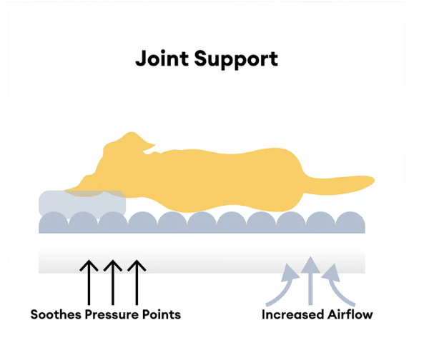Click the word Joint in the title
[x=162, y=58]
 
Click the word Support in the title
[x=236, y=60]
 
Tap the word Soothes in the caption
[x=56, y=314]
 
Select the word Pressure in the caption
[x=112, y=314]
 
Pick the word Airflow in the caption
[x=350, y=314]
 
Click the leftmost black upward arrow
[x=89, y=282]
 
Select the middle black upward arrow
[x=113, y=282]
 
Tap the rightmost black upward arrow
[x=137, y=282]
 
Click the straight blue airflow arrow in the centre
[x=310, y=281]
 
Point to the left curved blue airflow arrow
[x=285, y=289]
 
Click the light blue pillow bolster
[x=82, y=203]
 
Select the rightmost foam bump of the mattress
[x=350, y=222]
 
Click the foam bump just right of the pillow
[x=142, y=222]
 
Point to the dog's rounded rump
[x=287, y=179]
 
